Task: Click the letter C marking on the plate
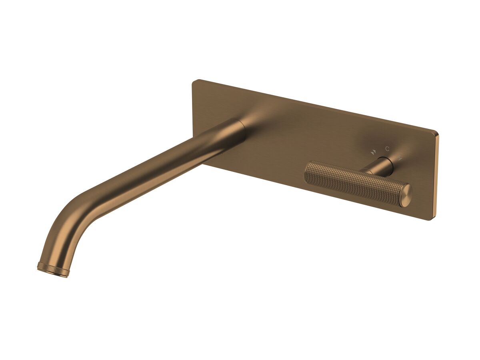tap(387, 149)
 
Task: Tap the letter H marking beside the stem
tap(400, 158)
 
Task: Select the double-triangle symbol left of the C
tap(373, 152)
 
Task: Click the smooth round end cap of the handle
tap(405, 196)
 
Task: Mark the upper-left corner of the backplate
tap(194, 82)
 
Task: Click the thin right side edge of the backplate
tap(436, 176)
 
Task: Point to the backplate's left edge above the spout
tap(193, 104)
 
